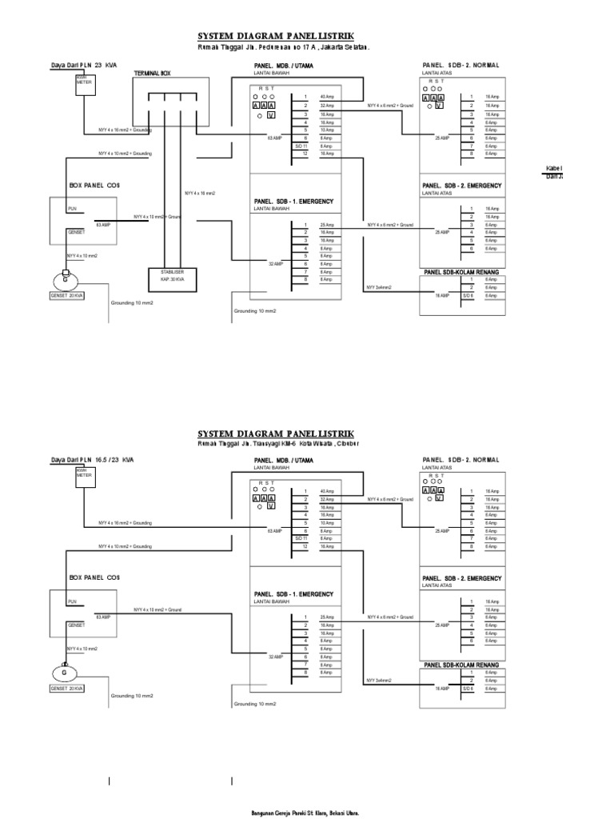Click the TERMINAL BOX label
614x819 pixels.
point(153,73)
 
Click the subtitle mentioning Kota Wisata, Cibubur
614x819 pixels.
point(278,443)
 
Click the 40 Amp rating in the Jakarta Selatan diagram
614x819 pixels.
point(327,97)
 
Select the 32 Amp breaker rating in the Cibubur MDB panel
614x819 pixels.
point(327,499)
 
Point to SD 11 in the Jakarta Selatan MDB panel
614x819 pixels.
point(301,146)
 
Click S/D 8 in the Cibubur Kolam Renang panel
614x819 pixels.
point(468,688)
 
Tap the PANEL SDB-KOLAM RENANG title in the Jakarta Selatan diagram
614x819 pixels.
point(461,272)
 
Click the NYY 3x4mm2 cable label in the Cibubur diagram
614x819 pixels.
point(379,680)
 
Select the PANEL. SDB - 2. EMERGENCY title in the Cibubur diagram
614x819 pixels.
point(462,578)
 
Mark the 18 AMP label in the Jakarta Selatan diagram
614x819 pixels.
point(442,295)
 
